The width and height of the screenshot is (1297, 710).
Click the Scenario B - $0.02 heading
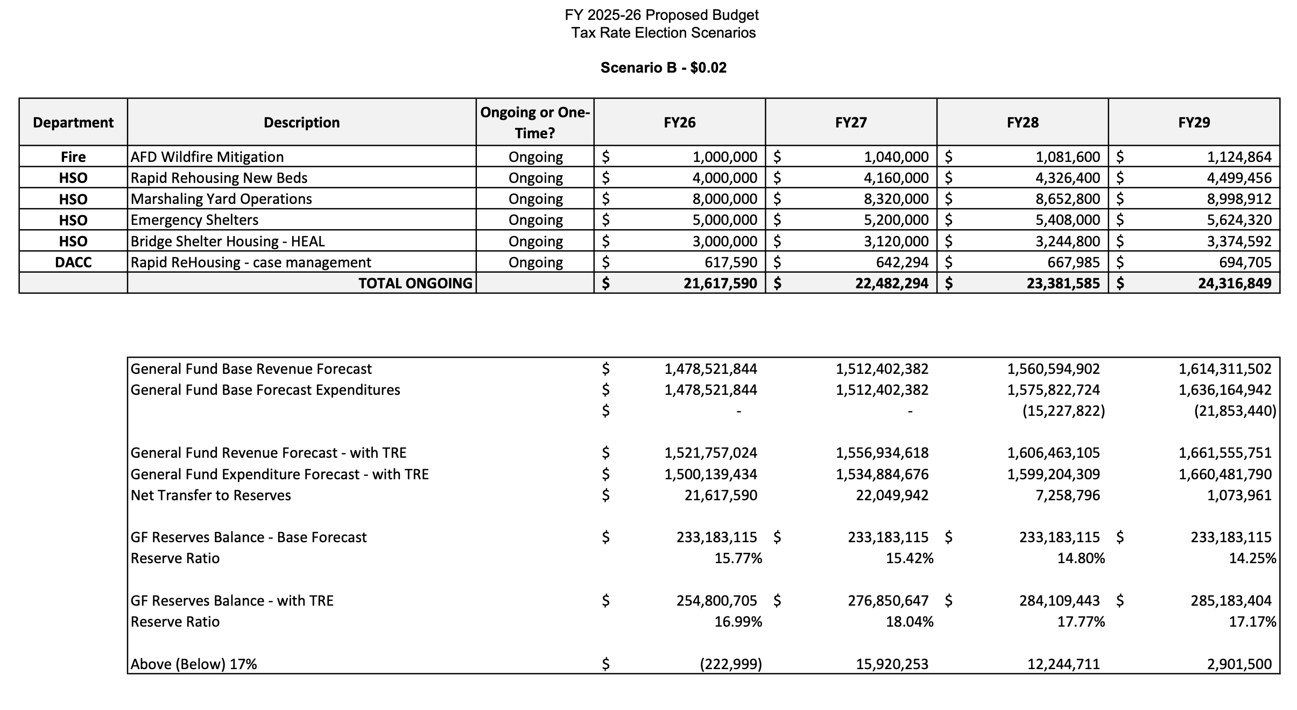point(663,68)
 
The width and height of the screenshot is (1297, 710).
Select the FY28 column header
point(1022,123)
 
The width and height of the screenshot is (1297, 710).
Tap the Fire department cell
point(73,157)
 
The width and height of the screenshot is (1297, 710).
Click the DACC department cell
point(73,262)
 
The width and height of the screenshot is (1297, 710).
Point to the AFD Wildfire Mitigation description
point(207,157)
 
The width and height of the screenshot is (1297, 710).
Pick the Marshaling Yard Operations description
point(221,199)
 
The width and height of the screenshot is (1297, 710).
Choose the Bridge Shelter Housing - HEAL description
point(228,242)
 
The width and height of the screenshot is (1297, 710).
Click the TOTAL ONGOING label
point(415,283)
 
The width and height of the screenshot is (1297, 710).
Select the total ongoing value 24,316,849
point(1235,283)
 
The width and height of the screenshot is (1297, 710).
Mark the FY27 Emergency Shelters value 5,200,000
point(896,220)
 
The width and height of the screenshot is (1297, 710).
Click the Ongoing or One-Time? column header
point(535,123)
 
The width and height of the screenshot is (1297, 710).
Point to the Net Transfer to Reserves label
point(210,495)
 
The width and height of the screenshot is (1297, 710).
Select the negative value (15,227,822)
point(1063,411)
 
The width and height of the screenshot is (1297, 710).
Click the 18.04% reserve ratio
point(910,622)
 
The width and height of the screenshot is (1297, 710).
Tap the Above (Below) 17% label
point(194,664)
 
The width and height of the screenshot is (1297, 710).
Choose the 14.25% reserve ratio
point(1252,558)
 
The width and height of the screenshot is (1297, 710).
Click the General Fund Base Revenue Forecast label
point(251,369)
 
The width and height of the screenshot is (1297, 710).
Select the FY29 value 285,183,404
point(1231,601)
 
